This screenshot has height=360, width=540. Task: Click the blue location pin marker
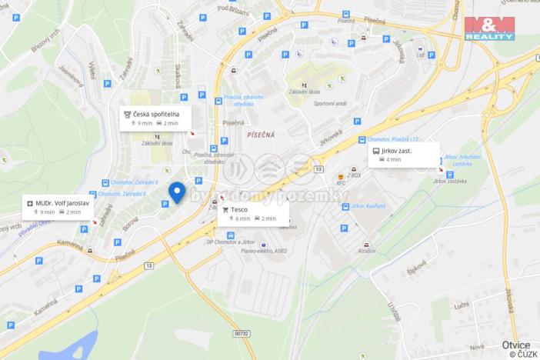(178, 192)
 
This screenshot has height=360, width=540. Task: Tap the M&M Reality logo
(489, 27)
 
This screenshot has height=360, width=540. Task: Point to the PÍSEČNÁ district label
(260, 134)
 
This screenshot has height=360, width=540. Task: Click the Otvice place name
(515, 345)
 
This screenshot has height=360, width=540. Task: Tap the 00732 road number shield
(242, 334)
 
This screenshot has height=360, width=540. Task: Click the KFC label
(342, 183)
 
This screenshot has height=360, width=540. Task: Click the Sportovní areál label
(329, 102)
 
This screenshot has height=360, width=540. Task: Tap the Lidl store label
(421, 55)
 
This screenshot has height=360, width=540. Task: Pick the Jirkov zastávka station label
(450, 181)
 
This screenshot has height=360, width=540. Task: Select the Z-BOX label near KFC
(354, 175)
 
